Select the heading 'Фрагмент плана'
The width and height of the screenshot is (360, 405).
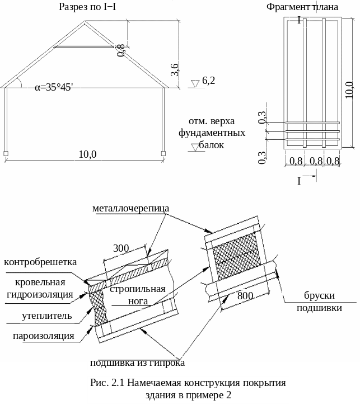tap(302, 7)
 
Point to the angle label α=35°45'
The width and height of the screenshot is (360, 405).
tap(54, 87)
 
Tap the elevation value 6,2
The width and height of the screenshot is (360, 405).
tap(209, 81)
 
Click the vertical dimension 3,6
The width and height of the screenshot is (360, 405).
tap(175, 70)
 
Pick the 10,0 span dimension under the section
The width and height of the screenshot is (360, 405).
tap(87, 154)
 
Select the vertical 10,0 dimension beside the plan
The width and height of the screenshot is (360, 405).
tap(349, 88)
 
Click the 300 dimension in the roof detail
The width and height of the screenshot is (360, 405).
tap(121, 248)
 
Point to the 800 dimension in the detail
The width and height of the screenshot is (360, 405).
tap(245, 295)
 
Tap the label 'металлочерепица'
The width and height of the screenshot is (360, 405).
tap(130, 208)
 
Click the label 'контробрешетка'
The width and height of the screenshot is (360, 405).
tap(40, 262)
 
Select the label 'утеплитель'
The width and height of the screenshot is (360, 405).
tap(47, 315)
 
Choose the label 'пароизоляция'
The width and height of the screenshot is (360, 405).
tap(44, 336)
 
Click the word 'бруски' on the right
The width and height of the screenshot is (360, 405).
tap(319, 296)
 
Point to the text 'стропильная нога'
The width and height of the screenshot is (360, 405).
tap(138, 295)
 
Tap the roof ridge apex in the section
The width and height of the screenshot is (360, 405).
tap(85, 22)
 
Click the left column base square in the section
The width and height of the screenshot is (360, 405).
tap(6, 152)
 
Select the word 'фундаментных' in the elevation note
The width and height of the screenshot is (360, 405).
tap(212, 133)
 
